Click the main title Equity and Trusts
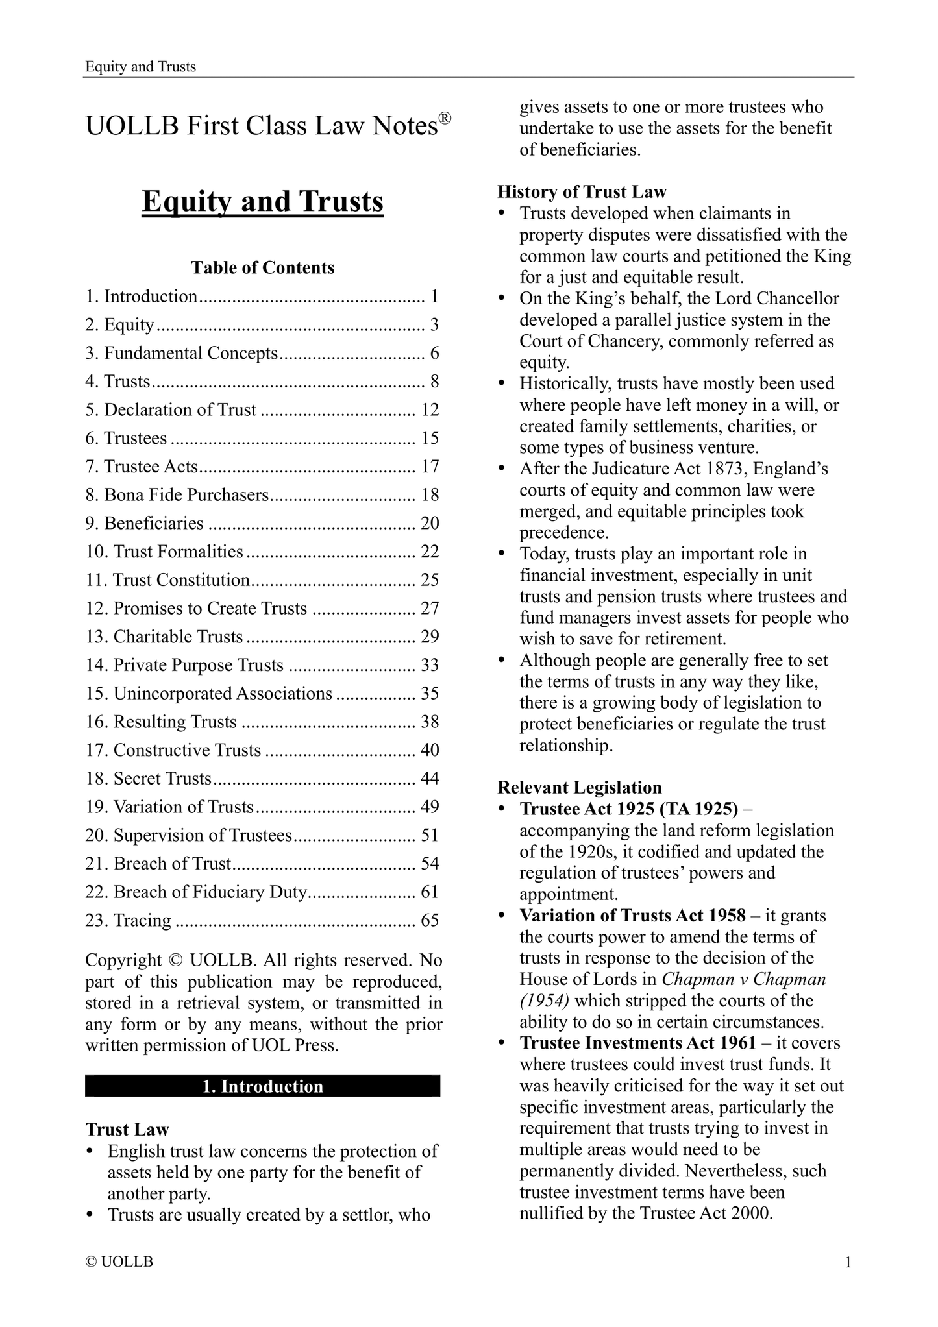click(x=262, y=202)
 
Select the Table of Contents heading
click(x=262, y=267)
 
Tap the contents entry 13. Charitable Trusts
click(x=164, y=637)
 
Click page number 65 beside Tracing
click(x=430, y=920)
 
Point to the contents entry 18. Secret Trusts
click(x=149, y=778)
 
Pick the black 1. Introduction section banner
click(x=262, y=1086)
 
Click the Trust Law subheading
click(x=127, y=1130)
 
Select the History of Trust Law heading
click(x=582, y=192)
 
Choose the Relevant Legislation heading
click(x=579, y=787)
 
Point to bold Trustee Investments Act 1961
click(x=637, y=1043)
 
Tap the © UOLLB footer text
click(x=119, y=1262)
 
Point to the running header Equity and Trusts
click(x=140, y=67)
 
